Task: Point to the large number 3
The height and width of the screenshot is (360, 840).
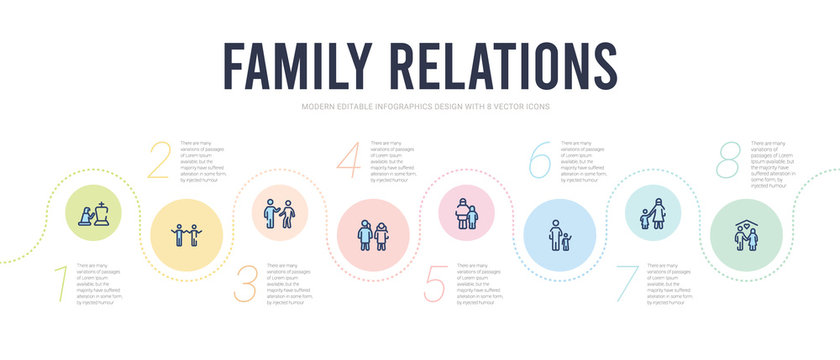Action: (246, 284)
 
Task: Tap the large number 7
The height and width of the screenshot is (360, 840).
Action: (628, 284)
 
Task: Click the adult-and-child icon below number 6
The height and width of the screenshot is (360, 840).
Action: (561, 236)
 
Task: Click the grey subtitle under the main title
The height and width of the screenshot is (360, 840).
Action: (420, 106)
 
